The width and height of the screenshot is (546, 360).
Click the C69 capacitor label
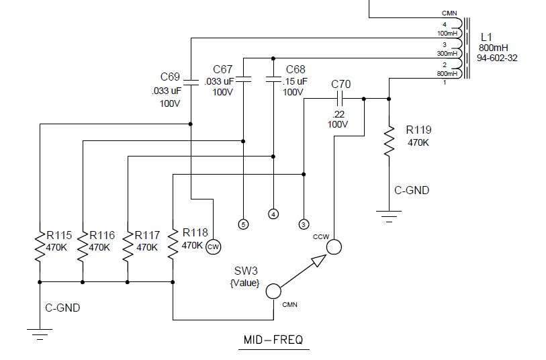click(170, 77)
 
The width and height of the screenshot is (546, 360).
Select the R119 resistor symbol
click(389, 141)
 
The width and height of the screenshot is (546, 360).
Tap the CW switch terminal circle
click(213, 247)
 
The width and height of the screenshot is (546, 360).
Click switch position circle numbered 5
click(243, 224)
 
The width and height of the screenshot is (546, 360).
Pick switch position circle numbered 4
click(273, 214)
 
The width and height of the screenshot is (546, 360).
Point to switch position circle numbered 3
click(304, 224)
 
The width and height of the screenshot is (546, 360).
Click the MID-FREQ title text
click(273, 339)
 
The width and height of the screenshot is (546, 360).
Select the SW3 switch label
click(246, 271)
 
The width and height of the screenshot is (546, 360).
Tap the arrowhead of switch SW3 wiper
click(318, 261)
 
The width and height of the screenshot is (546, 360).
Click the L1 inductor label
click(486, 37)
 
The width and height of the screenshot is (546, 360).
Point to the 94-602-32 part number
click(497, 58)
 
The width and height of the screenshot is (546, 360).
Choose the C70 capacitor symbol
click(340, 99)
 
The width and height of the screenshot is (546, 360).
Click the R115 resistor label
click(59, 235)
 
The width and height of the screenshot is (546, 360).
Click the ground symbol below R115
click(40, 334)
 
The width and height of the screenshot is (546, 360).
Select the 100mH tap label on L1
click(447, 34)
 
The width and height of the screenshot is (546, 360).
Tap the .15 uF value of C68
click(295, 81)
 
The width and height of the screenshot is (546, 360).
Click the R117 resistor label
click(147, 235)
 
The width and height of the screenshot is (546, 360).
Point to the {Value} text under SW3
click(245, 283)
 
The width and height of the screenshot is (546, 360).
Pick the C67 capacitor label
click(222, 69)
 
